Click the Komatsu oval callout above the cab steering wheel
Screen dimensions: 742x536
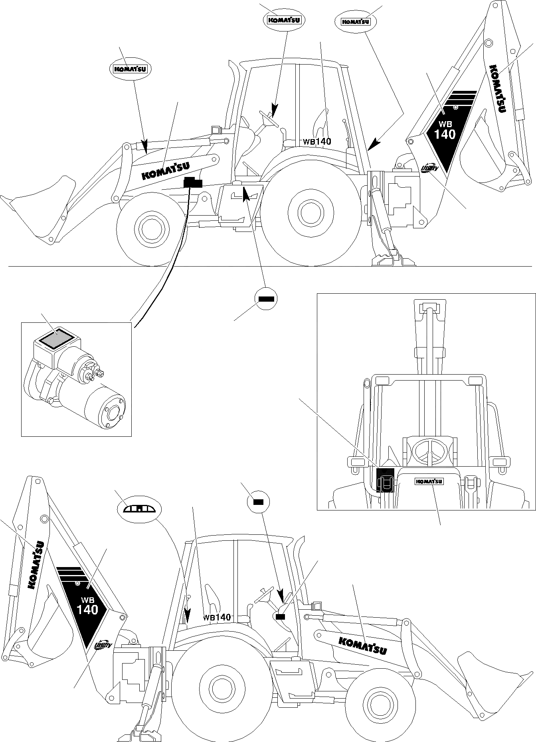pyautogui.click(x=283, y=20)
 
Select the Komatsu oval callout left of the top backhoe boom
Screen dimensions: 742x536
pyautogui.click(x=355, y=22)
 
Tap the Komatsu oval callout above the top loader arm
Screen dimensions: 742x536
pyautogui.click(x=131, y=69)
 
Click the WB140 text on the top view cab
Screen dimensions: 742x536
pyautogui.click(x=317, y=141)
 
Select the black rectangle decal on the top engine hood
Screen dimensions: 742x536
pyautogui.click(x=193, y=183)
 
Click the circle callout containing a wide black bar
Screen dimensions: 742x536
pyautogui.click(x=265, y=298)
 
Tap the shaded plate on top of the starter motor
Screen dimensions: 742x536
pyautogui.click(x=54, y=339)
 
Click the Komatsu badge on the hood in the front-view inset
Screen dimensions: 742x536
pyautogui.click(x=429, y=481)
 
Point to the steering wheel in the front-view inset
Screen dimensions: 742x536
pyautogui.click(x=429, y=452)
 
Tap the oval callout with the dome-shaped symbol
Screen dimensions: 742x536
pyautogui.click(x=139, y=508)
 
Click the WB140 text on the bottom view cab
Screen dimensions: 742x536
pyautogui.click(x=217, y=617)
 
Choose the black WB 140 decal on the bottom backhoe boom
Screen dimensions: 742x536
pyautogui.click(x=85, y=605)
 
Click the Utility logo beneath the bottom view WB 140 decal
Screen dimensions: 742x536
pyautogui.click(x=104, y=646)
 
